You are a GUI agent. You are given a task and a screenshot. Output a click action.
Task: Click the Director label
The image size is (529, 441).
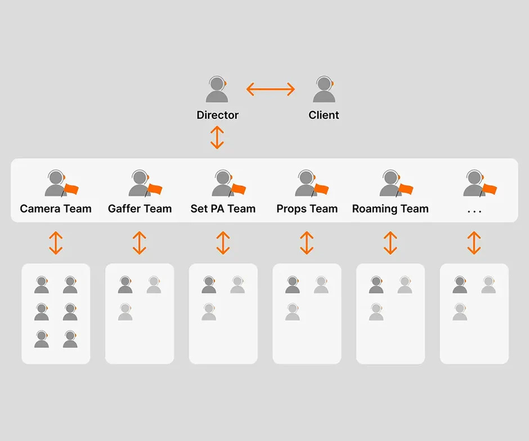[217, 115]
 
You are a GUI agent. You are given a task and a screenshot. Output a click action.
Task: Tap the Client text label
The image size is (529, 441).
[324, 115]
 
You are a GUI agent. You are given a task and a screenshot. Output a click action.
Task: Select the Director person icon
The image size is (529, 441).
[217, 90]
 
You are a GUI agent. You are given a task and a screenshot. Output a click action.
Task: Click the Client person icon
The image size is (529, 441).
[324, 90]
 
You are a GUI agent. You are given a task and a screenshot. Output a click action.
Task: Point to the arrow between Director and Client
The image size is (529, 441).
[271, 89]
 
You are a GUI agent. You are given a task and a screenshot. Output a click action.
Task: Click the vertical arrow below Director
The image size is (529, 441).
[217, 137]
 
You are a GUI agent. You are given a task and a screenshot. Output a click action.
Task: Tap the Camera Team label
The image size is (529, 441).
[56, 209]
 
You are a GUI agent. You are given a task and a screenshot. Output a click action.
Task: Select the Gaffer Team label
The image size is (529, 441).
[140, 209]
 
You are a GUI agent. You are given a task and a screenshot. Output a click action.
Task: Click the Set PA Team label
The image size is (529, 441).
[223, 209]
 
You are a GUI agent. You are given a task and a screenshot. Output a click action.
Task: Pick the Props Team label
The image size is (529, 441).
[307, 209]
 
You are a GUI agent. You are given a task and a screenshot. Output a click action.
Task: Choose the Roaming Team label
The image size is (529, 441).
[390, 209]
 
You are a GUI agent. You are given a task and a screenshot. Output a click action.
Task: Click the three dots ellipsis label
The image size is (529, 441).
[474, 210]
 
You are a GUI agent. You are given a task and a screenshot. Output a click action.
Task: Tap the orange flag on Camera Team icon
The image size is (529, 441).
[72, 189]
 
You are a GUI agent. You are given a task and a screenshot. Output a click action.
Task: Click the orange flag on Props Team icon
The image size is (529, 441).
[322, 189]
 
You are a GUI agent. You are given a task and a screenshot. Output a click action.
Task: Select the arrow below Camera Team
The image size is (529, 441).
[56, 243]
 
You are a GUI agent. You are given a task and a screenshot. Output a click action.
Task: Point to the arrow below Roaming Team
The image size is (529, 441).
[390, 243]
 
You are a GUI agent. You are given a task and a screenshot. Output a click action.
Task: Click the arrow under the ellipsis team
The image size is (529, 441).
[474, 243]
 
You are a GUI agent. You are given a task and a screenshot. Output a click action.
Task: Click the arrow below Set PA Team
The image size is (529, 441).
[223, 243]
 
